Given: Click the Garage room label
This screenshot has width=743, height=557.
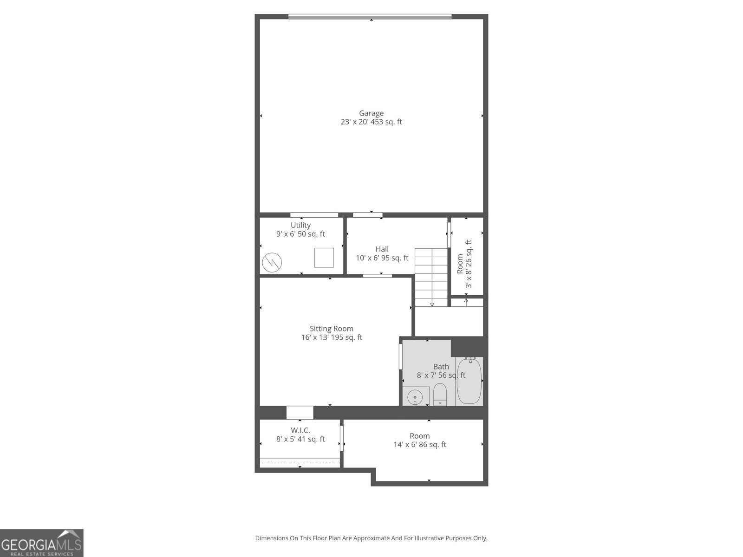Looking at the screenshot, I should click(x=371, y=113).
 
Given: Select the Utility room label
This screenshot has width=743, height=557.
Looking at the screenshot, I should click(x=300, y=225).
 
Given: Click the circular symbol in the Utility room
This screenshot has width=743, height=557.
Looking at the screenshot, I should click(x=272, y=263).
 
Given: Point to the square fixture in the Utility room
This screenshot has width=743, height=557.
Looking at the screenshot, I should click(x=324, y=258).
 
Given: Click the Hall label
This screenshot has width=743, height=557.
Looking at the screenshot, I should click(x=382, y=249).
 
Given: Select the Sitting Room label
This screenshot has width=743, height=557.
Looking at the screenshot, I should click(x=332, y=329).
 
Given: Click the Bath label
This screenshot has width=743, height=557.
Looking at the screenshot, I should click(x=441, y=367).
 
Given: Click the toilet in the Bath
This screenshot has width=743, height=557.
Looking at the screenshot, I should click(x=440, y=394).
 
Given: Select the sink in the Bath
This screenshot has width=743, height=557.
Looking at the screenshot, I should click(x=414, y=397).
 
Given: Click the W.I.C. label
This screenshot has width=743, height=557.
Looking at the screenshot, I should click(x=300, y=430).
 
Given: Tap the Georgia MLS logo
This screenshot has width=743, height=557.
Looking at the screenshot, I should click(x=41, y=543).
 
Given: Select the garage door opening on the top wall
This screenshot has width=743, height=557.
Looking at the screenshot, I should click(x=370, y=17).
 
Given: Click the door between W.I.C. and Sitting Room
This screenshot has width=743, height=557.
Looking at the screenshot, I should click(x=300, y=412).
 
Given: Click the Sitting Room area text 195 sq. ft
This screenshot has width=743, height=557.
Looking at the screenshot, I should click(x=347, y=337).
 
